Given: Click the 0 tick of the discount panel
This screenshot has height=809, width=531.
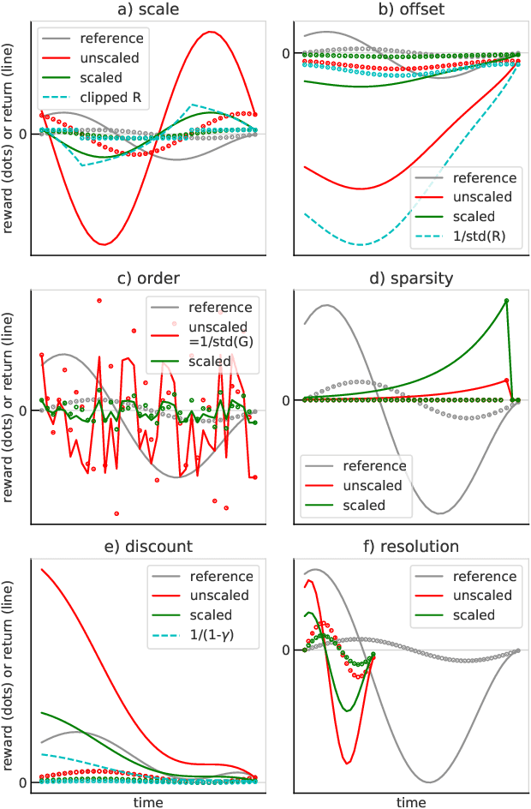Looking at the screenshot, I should (22, 782).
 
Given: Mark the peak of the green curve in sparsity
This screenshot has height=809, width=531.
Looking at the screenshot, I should (507, 300).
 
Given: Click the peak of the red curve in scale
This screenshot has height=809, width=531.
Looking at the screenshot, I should (209, 32).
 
